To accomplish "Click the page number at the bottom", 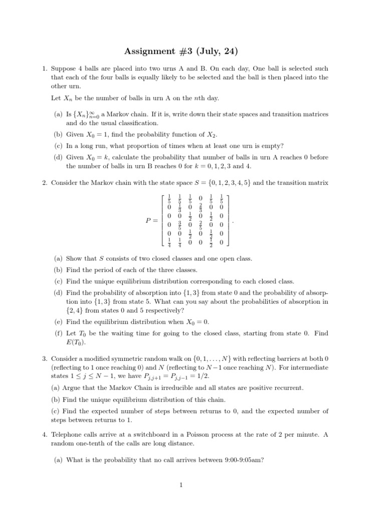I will coord(192,484).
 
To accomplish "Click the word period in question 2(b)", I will coord(101,270).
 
